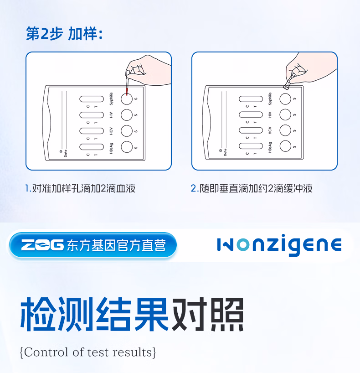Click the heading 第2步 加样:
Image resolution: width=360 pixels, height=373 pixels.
(64, 34)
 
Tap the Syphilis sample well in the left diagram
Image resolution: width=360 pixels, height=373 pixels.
(126, 98)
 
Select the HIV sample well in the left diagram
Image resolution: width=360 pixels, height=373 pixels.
(126, 114)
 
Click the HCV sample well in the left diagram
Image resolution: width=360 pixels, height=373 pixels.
(126, 130)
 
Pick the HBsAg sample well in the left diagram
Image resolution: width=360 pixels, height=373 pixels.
(126, 146)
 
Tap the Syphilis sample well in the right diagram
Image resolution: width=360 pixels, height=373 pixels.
(285, 98)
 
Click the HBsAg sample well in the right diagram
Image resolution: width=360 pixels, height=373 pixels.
(285, 146)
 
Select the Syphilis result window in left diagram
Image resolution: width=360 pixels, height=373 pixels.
(92, 98)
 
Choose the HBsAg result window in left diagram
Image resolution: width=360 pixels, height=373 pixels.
(92, 146)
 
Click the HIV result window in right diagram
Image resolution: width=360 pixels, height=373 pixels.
(251, 114)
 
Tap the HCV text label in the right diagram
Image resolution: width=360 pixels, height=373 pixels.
(270, 130)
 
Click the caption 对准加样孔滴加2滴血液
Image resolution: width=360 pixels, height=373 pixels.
(80, 188)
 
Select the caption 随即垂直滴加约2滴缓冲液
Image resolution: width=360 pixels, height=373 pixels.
(252, 188)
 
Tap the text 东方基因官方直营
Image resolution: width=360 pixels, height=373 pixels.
(116, 246)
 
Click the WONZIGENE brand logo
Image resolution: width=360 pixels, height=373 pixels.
(279, 245)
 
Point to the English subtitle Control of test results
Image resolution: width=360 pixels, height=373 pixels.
(88, 352)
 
